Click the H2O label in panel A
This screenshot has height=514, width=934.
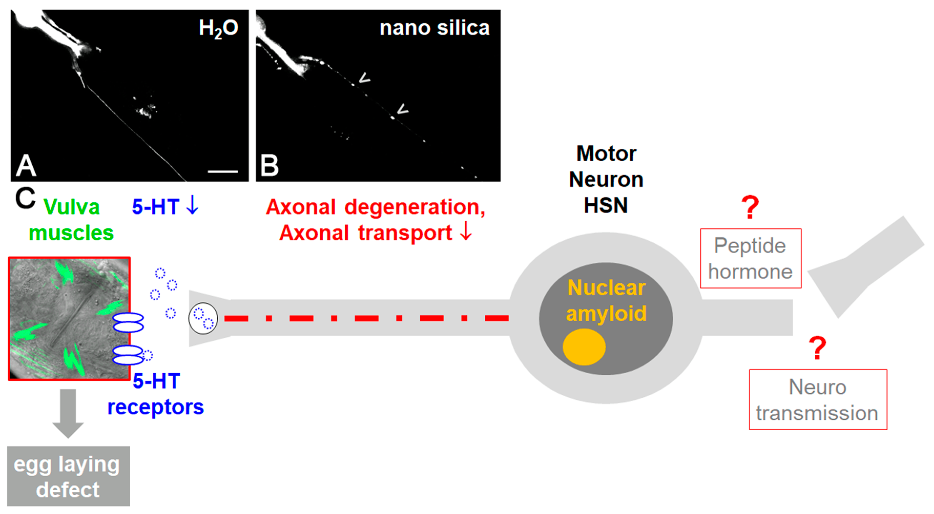point(218,28)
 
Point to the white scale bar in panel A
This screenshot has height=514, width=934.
point(223,171)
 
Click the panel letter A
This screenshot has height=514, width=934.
point(26,165)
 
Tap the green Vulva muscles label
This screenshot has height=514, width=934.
point(71,220)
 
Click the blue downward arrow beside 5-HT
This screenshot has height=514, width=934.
point(192,205)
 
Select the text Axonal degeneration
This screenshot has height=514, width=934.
point(375,207)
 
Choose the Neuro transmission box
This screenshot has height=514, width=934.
point(818,400)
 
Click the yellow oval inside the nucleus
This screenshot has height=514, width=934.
point(584,347)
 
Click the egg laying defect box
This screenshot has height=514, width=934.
point(68,476)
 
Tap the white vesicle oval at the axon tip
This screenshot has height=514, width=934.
point(203,318)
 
